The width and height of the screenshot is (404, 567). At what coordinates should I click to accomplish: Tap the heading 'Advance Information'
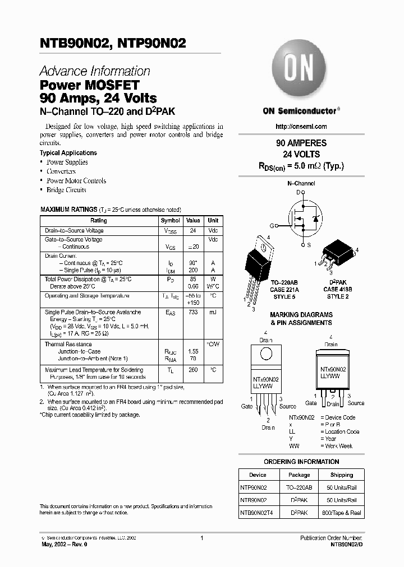click(95, 71)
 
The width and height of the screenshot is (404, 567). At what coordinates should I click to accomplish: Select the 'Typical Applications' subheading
click(68, 152)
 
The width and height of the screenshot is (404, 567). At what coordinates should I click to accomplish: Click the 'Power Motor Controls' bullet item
click(76, 180)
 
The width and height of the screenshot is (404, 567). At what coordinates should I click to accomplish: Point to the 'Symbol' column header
click(171, 221)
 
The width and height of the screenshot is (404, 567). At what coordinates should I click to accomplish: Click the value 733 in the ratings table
click(193, 313)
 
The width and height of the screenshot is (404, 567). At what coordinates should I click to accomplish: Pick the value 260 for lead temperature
click(193, 370)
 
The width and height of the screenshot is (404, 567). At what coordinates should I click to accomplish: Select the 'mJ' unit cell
click(213, 313)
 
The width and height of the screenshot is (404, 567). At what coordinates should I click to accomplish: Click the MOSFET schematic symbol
click(306, 219)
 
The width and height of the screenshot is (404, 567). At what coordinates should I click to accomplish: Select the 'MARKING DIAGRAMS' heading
click(301, 315)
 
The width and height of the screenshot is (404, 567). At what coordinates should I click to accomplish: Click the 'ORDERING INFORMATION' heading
click(301, 462)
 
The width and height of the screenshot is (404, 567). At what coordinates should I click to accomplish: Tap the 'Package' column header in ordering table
click(299, 475)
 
